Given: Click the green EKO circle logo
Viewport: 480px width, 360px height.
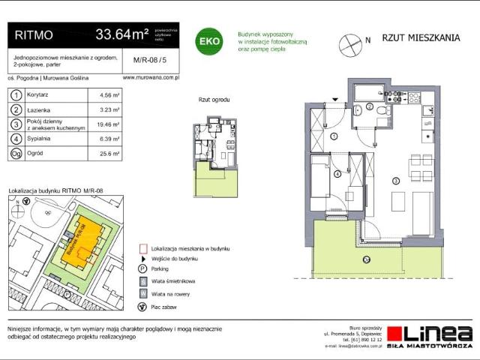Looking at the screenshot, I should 208,40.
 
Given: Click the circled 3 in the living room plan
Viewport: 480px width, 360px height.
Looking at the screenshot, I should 395,180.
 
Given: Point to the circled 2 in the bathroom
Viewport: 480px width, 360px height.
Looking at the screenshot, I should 370,107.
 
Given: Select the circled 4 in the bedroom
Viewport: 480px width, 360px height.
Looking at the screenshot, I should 337,174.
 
